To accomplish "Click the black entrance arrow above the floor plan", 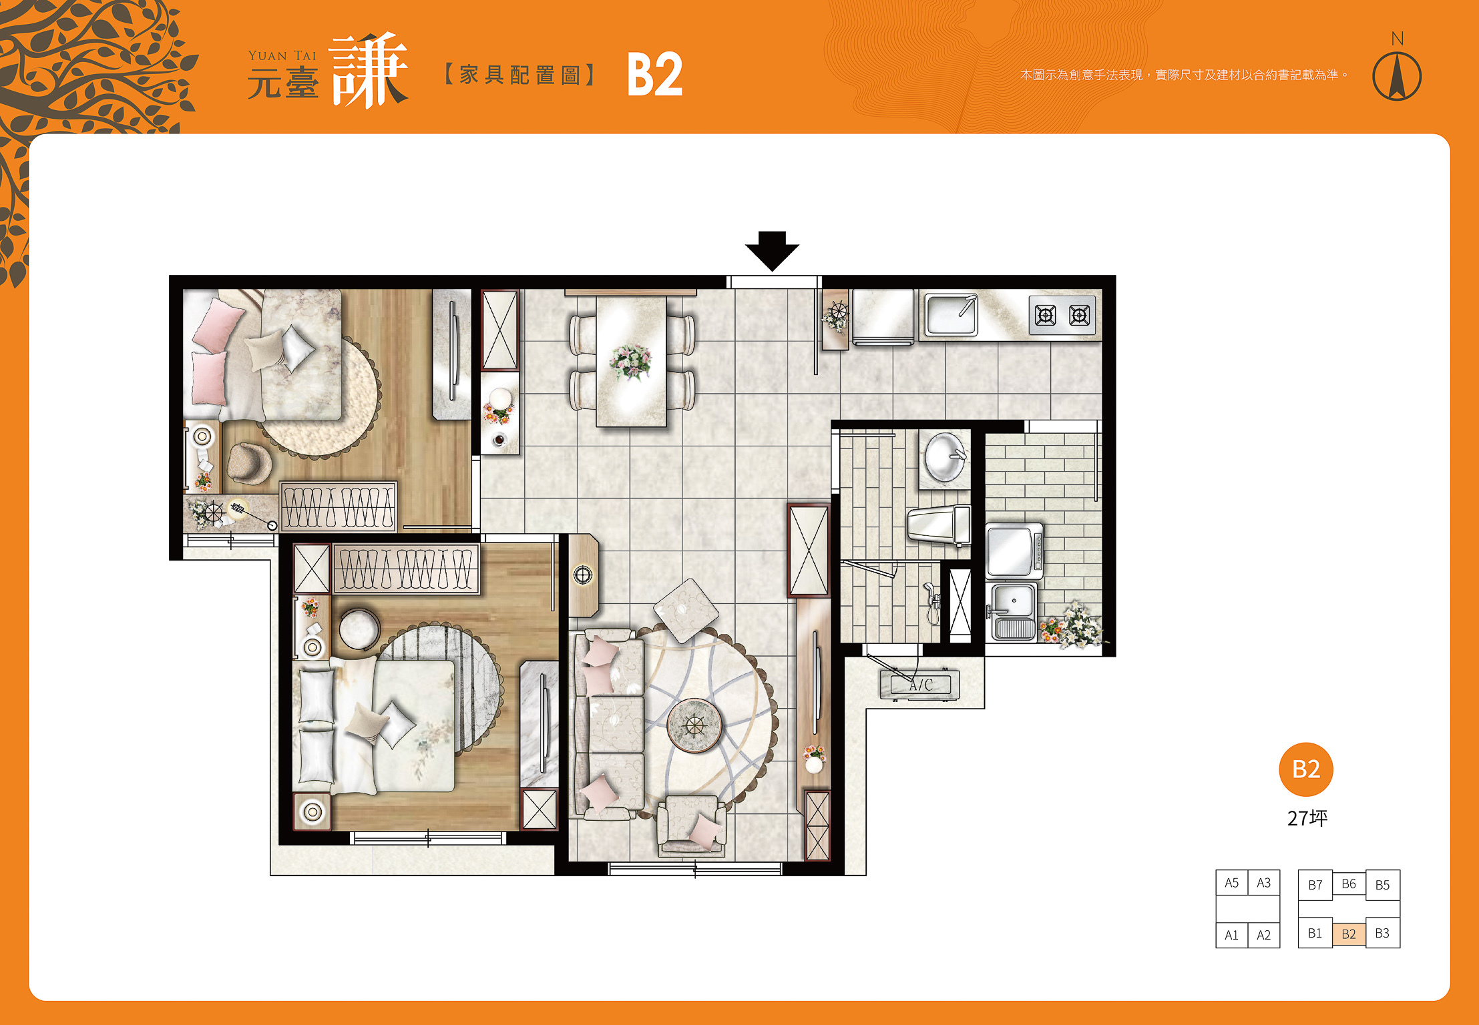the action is coord(772,251).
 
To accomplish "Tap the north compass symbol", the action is coord(1397,75).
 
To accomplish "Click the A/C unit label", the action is coord(920,685).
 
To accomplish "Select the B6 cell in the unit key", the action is coord(1349,884).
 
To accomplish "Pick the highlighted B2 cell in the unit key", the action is coord(1349,934).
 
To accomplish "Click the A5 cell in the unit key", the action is coord(1232,883).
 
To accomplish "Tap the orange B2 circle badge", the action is coord(1306,769).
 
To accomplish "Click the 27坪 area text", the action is coord(1307,818).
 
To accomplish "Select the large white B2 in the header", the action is coord(655,75).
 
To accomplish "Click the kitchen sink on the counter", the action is coord(951,314).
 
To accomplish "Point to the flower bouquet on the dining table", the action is coord(630,362).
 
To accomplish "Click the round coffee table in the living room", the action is coord(694,725).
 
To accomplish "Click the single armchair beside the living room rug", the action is coord(692,826).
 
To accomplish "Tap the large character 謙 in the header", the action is coord(368,71).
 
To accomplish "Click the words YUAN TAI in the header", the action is coord(282,56).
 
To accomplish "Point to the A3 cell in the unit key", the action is coord(1264,883).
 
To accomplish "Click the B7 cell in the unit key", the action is coord(1315,885).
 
